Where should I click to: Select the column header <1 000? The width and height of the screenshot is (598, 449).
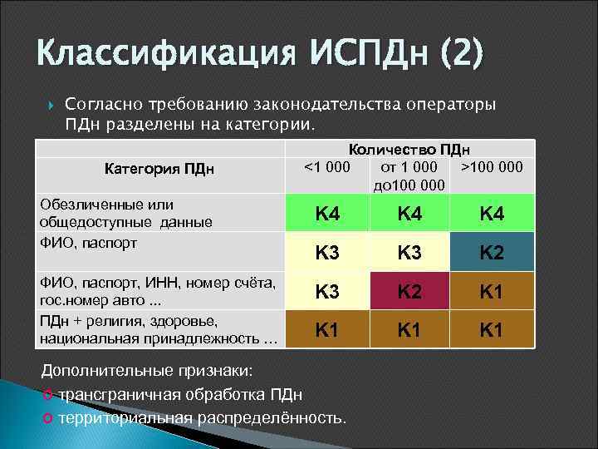point(326,167)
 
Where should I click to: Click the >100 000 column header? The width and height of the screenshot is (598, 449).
point(492,167)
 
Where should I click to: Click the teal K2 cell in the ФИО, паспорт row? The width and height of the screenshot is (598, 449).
point(492,252)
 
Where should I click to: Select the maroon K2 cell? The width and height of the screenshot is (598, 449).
point(409,291)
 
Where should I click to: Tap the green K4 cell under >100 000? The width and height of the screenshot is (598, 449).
point(492,214)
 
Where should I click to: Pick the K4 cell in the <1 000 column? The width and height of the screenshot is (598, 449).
point(326,214)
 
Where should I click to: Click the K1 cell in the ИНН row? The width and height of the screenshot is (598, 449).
point(492,291)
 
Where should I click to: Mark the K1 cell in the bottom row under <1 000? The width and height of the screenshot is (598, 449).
point(326,330)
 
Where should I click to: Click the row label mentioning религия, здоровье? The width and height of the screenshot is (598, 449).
point(158,330)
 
